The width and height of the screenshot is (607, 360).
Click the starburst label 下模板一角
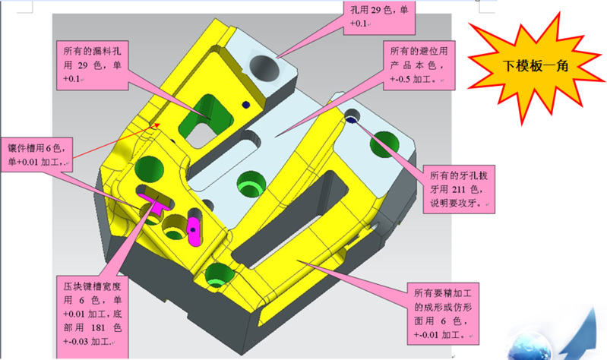[536, 66]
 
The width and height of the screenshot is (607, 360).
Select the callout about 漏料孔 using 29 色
[92, 65]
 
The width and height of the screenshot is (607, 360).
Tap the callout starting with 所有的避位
[419, 65]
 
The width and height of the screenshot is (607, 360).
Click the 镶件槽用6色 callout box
[36, 154]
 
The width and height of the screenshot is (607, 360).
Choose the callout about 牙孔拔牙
[459, 189]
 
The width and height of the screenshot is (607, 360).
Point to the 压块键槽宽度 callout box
[92, 317]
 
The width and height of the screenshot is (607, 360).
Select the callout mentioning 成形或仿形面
[443, 314]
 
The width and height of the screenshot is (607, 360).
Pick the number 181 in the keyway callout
[98, 328]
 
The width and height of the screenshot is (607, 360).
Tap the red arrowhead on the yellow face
[156, 125]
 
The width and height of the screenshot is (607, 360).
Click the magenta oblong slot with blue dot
[194, 231]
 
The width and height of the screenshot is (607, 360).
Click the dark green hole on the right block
[384, 144]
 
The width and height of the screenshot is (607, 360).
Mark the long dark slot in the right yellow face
[291, 219]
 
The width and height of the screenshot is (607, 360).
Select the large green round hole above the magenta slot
[149, 169]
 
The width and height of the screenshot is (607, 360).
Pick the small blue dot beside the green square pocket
[245, 105]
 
